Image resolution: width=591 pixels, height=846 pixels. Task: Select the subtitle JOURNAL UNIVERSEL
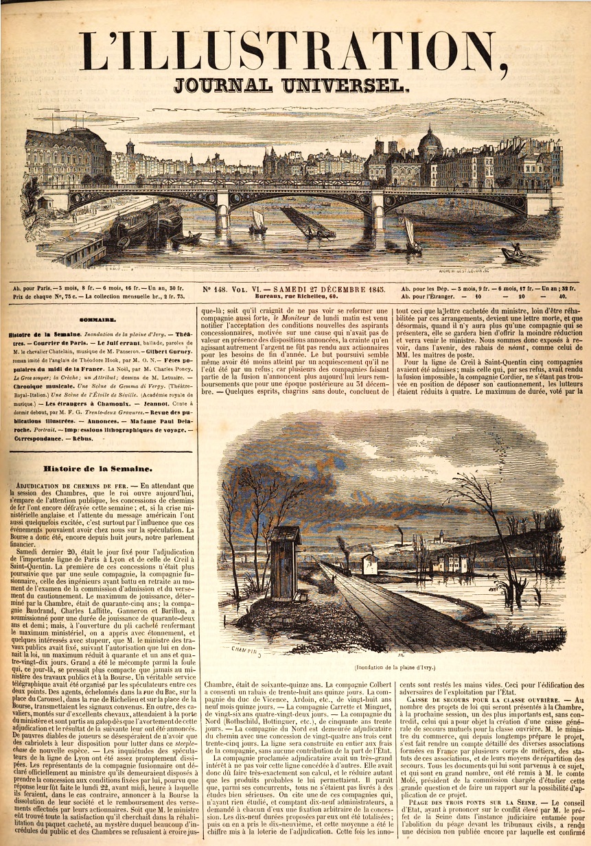[x=292, y=85]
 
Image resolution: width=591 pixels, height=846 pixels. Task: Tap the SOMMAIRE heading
[x=97, y=318]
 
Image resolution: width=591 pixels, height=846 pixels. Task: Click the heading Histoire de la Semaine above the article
[x=97, y=469]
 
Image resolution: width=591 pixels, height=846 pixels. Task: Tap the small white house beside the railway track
[x=370, y=563]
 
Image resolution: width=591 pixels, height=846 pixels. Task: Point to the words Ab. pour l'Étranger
[x=434, y=297]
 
